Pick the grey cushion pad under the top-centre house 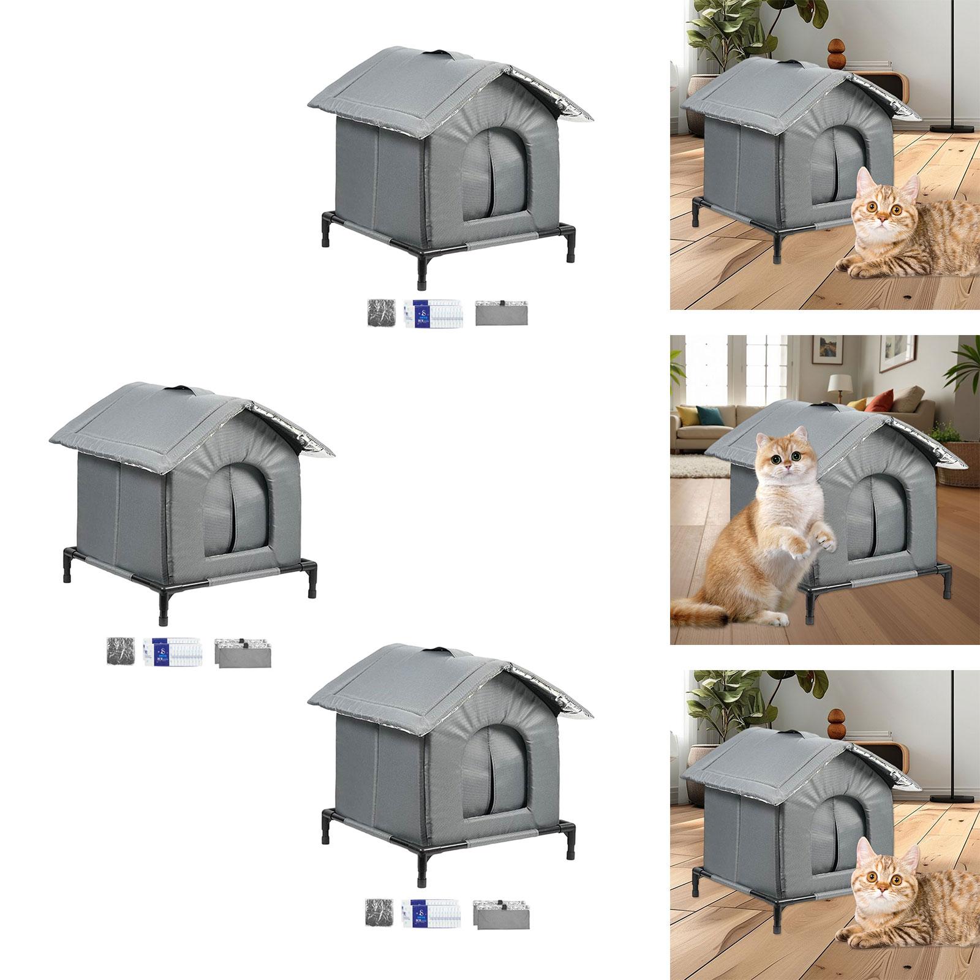(500, 312)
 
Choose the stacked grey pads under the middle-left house (241, 652)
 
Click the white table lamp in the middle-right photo (838, 384)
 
